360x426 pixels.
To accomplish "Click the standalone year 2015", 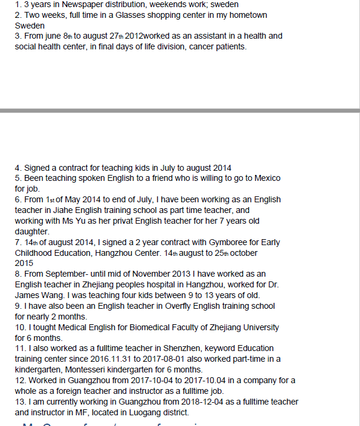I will pyautogui.click(x=24, y=264).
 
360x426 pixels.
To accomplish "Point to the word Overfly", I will pyautogui.click(x=170, y=306).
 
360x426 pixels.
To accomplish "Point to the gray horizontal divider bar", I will pyautogui.click(x=180, y=111).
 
